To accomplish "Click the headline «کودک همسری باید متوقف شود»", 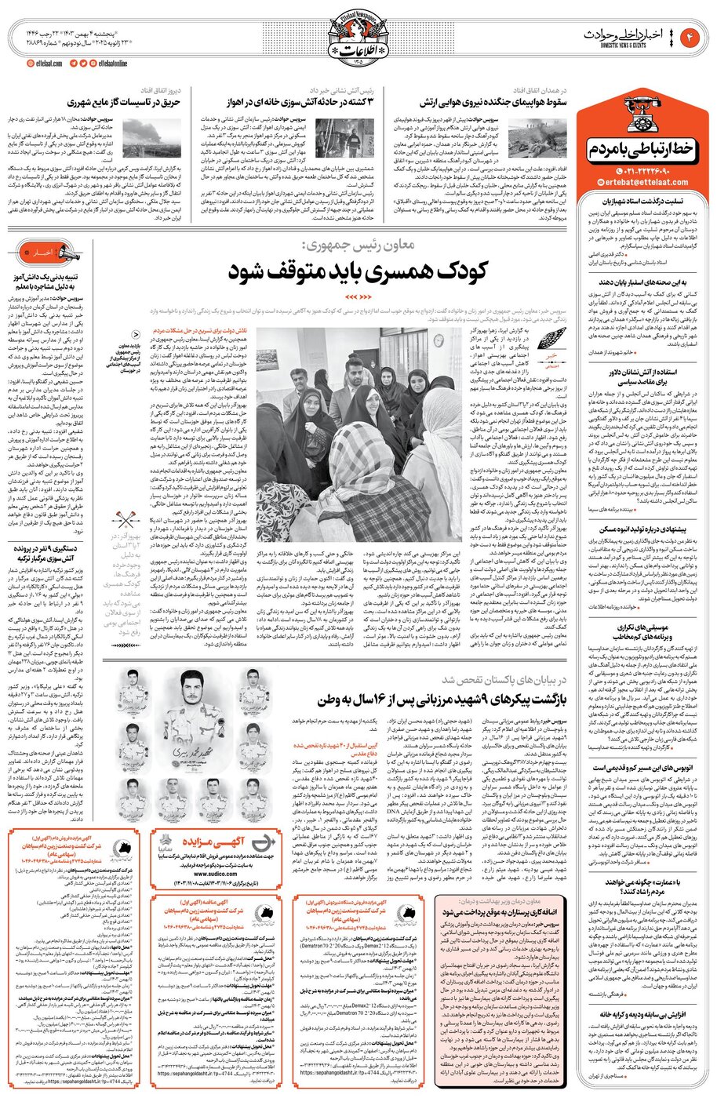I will coord(358,271).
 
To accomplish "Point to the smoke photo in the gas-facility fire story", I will coord(140,138).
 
